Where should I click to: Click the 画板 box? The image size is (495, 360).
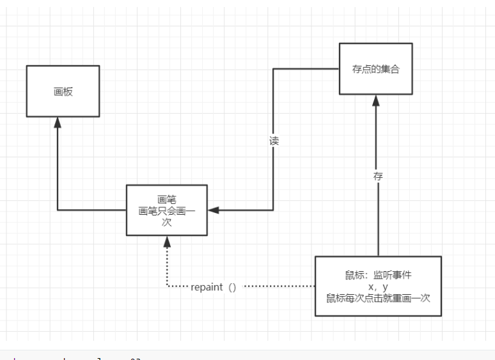point(63,91)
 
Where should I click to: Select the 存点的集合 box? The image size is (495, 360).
point(375,68)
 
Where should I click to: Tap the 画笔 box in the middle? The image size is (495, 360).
point(167,210)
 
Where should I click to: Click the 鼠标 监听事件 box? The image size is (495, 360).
point(378,286)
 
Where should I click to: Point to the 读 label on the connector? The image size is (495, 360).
point(274,141)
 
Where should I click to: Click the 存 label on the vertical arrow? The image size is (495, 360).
point(378,176)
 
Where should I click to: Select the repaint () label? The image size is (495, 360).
point(214,287)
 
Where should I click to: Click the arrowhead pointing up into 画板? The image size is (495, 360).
point(58,122)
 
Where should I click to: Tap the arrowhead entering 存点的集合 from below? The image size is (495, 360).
point(377,100)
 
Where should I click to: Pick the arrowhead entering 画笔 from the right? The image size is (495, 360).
point(213,210)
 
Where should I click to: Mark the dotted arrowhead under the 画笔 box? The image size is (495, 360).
point(167,241)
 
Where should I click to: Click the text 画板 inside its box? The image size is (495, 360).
point(63,91)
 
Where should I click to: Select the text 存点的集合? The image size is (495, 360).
point(375,69)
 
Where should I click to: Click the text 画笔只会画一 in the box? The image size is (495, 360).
point(167,210)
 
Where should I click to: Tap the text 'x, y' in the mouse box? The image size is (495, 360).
point(378,287)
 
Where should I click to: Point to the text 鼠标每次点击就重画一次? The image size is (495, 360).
point(378,298)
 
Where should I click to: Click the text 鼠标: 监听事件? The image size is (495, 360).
point(378,276)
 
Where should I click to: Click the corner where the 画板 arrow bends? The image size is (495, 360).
point(58,210)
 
